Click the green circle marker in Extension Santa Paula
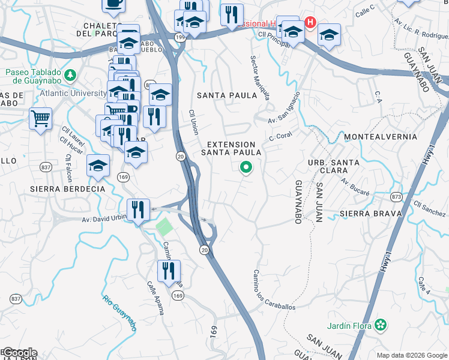pos(246,168)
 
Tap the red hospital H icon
pos(310,23)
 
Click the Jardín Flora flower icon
pos(379,325)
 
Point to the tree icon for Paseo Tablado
pos(71,75)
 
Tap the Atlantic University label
pos(73,94)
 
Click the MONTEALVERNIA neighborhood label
pos(381,137)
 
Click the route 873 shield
pos(396,196)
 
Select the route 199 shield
pos(178,37)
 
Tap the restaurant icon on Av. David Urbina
pos(139,209)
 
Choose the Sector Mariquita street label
pos(260,78)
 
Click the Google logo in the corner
pos(19,353)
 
